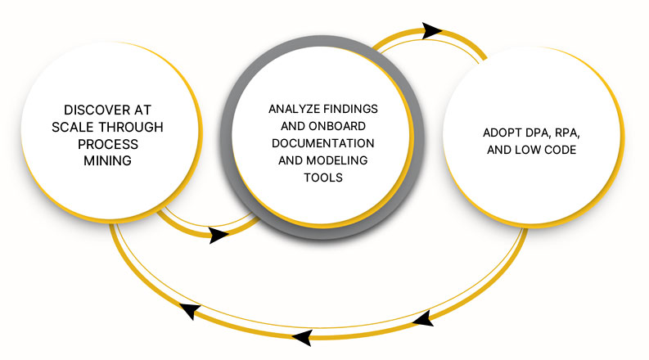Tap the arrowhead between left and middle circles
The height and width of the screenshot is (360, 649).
219,236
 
